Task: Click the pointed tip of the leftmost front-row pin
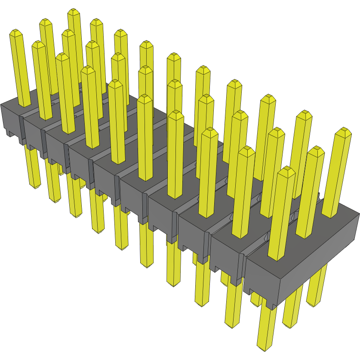tap(16, 32)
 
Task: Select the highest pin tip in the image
tap(74, 11)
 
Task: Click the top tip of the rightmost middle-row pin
tap(316, 149)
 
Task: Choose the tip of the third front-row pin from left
tap(62, 55)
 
